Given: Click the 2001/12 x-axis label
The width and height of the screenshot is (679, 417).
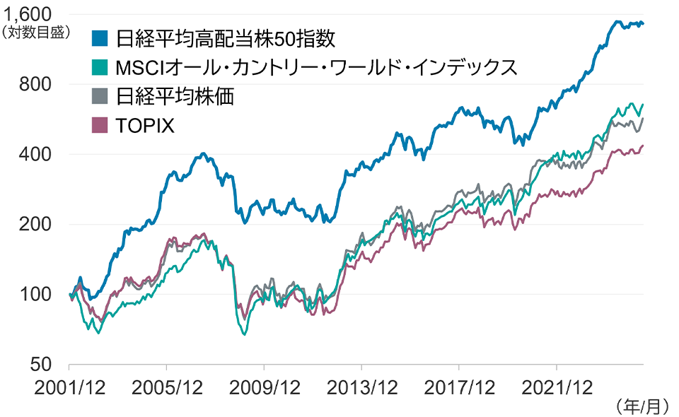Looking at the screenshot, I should click(69, 387).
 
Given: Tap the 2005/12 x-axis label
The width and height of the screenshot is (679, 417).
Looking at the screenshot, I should click(167, 387).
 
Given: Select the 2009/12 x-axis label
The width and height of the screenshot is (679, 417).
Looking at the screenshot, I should click(264, 387).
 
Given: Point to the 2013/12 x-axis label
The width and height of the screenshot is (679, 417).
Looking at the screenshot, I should click(361, 387).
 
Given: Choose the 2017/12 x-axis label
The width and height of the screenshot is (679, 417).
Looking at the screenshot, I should click(459, 387).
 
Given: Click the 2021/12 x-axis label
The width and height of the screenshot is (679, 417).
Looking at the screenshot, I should click(557, 387).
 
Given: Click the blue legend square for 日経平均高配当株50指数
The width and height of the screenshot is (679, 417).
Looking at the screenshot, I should click(100, 37).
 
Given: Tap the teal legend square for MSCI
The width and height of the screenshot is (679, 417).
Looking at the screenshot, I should click(100, 67).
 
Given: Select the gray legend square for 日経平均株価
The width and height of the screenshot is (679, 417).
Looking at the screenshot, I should click(100, 96).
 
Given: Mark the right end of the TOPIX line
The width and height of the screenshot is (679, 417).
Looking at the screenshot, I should click(643, 146).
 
